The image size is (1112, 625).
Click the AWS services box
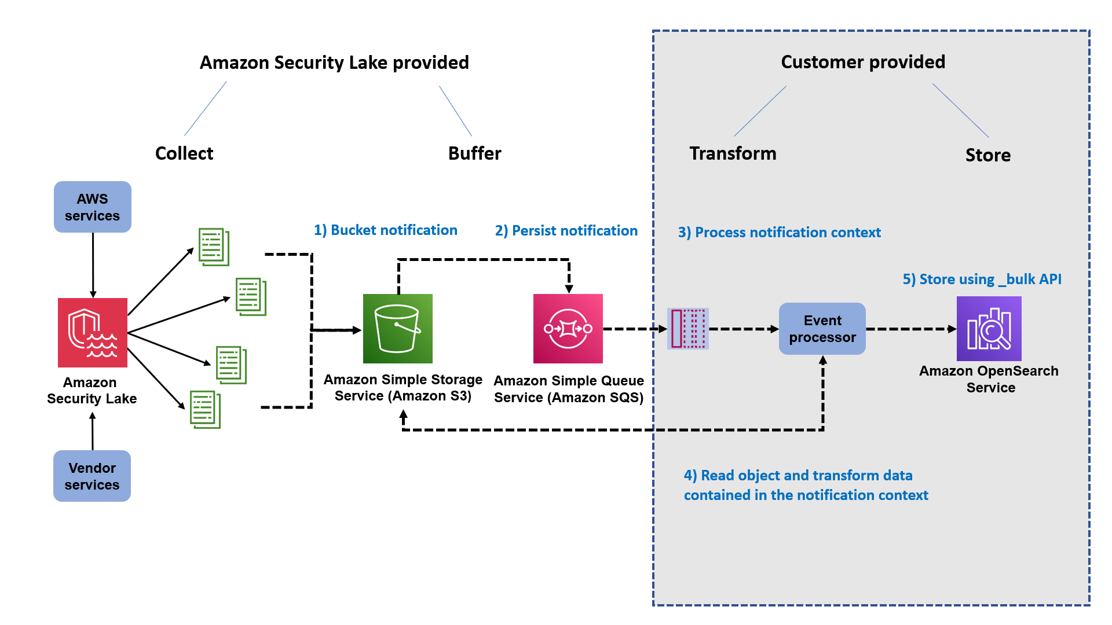[93, 207]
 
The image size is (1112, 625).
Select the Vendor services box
[92, 476]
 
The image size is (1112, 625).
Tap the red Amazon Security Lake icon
[93, 332]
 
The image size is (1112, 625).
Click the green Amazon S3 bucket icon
[398, 329]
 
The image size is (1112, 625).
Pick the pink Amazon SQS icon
[568, 329]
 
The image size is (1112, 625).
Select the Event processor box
[822, 329]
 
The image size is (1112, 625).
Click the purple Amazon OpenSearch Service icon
[989, 329]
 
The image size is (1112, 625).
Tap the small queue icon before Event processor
[688, 329]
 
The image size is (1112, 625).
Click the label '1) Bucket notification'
[386, 230]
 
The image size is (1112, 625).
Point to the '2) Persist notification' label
[566, 231]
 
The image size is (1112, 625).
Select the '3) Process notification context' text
[779, 233]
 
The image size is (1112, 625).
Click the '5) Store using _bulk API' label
[982, 280]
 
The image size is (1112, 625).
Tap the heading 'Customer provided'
[863, 62]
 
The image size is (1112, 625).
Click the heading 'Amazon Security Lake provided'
[334, 62]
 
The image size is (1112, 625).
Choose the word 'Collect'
[184, 153]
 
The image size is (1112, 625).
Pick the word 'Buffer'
[474, 153]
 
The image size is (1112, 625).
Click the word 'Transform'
[733, 153]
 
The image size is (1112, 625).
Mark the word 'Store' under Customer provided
[987, 155]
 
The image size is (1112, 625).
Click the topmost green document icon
[214, 247]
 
